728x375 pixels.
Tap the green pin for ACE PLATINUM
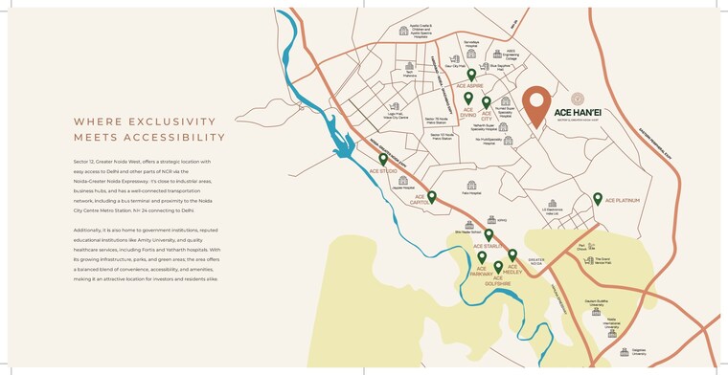598,199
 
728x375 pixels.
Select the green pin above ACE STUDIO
383,160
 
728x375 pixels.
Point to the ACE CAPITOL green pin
432,197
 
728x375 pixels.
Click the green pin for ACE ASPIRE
471,75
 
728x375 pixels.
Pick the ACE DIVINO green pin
468,99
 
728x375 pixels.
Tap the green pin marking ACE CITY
487,102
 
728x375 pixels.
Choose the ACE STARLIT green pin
489,234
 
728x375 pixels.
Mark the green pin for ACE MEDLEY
512,255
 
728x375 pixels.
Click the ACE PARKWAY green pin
482,257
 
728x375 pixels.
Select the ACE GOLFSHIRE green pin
498,267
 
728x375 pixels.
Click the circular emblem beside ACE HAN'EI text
577,98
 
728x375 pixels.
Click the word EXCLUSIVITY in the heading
173,121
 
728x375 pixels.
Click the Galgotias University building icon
626,350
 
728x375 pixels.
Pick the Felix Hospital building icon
470,186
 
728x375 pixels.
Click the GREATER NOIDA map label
536,260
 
